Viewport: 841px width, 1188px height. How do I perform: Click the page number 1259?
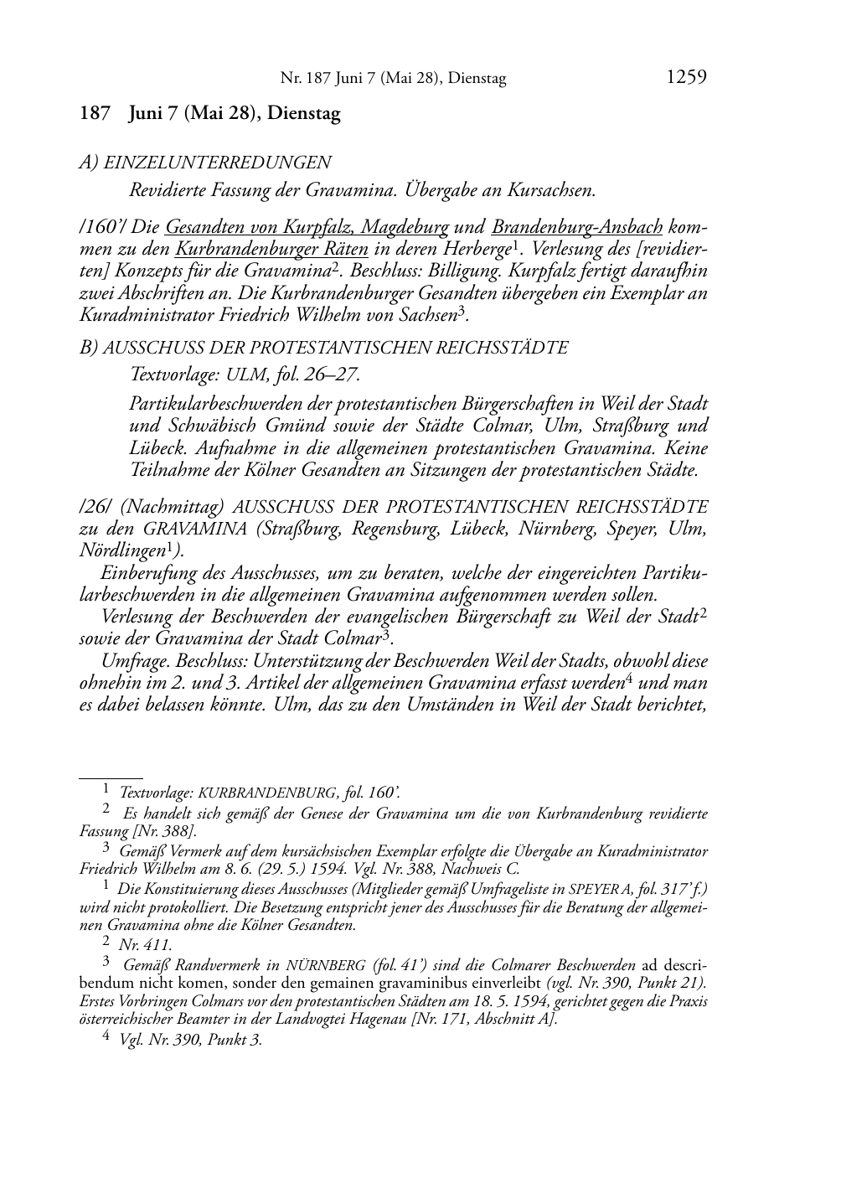coord(686,78)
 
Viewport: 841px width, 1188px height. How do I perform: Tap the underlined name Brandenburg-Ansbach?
coord(577,226)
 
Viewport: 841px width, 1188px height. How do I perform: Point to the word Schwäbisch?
coord(217,426)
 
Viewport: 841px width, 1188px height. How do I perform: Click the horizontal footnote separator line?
coord(111,777)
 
